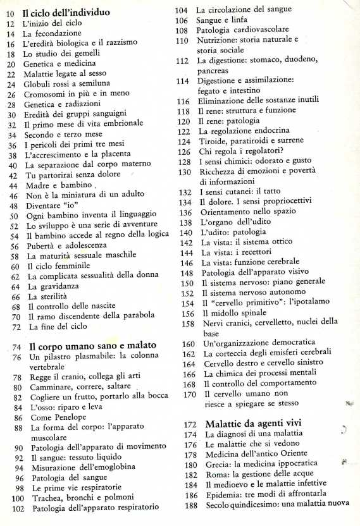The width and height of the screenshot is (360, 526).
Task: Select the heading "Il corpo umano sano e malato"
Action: coord(87,346)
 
